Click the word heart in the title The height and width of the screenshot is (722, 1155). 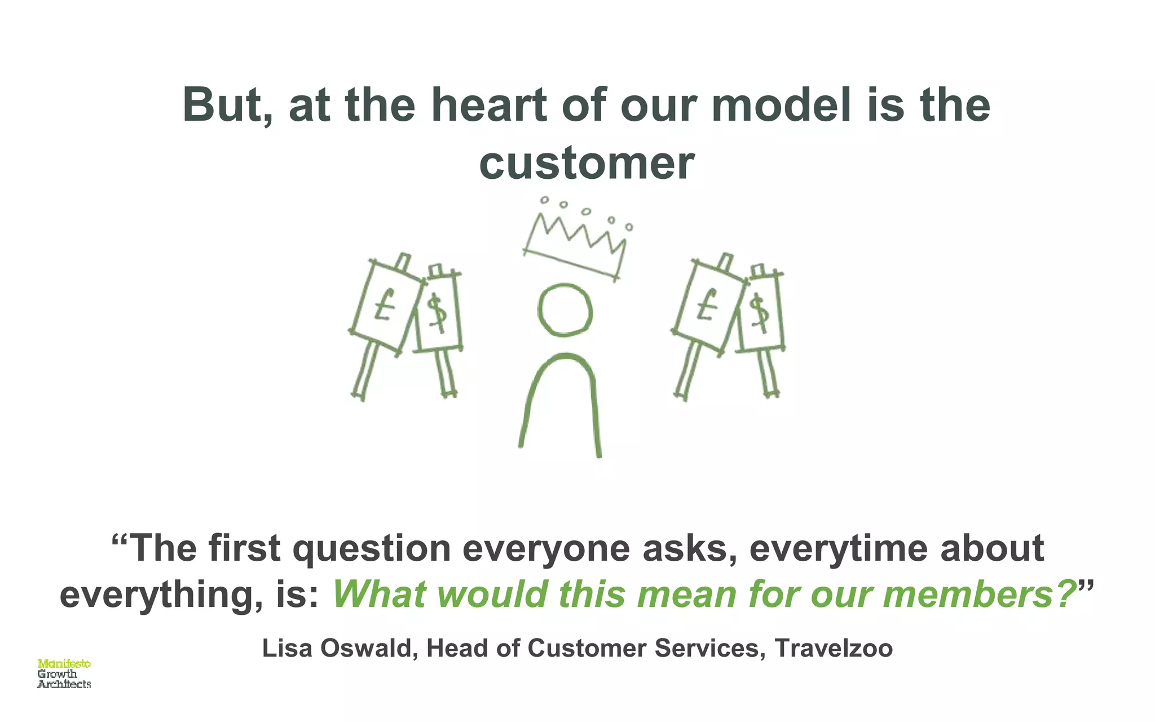(x=489, y=105)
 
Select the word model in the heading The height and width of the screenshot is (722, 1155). (x=781, y=105)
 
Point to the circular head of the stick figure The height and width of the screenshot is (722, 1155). (x=565, y=310)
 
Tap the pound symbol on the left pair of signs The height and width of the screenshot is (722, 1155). (x=385, y=305)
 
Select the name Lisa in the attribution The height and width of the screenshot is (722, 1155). (x=287, y=649)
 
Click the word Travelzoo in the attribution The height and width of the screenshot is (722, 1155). (x=834, y=649)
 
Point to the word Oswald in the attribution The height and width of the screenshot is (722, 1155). (x=369, y=649)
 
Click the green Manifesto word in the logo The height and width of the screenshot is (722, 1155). (x=64, y=664)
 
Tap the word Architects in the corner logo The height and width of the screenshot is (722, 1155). (x=64, y=684)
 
